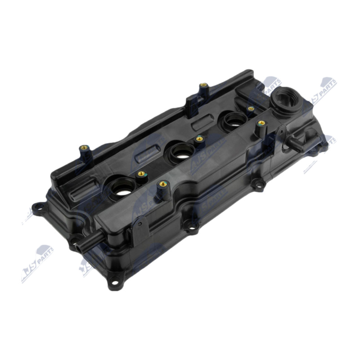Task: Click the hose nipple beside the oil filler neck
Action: coord(293,144)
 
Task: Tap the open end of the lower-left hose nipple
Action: coord(79,247)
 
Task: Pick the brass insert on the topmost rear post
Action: coord(203,85)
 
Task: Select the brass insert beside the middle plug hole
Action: coord(199,139)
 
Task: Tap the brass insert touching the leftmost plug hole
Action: coord(141,174)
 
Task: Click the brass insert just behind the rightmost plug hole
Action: coord(251,109)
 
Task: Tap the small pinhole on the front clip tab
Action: coord(140,223)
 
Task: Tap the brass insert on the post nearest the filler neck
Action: coord(261,123)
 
